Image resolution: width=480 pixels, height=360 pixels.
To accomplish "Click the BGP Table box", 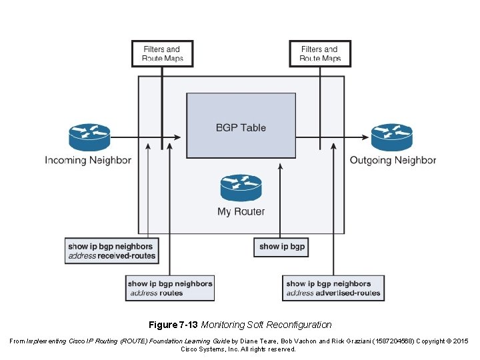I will (241, 125).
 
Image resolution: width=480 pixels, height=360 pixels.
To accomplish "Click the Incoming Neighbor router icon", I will (89, 137).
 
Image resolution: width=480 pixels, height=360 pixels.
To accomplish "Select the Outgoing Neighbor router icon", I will (391, 137).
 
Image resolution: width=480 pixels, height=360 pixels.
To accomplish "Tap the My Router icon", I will (241, 188).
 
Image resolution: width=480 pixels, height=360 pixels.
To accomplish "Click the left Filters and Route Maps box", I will (162, 54).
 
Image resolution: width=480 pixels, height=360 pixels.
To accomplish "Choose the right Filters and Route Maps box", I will (320, 54).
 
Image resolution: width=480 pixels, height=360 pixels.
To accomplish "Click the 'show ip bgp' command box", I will (281, 247).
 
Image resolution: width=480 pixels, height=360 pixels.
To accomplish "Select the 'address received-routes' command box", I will (111, 251).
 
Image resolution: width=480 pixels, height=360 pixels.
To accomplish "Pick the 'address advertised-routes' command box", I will (333, 288).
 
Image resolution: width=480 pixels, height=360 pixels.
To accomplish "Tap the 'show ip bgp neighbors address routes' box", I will (170, 288).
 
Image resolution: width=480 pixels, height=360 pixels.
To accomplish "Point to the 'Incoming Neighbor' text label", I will (88, 160).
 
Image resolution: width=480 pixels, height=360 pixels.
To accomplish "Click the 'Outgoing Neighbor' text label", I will (393, 160).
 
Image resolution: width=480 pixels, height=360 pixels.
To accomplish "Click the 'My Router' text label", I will (241, 211).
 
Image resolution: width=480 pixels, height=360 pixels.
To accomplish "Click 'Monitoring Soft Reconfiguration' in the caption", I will (266, 325).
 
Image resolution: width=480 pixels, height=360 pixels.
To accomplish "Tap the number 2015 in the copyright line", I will (461, 341).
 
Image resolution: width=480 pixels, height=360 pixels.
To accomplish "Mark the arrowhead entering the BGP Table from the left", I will (177, 138).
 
